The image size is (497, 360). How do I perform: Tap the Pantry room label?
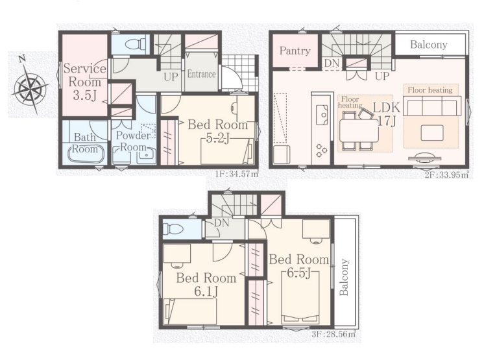point(295,51)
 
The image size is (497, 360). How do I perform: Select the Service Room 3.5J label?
point(84,82)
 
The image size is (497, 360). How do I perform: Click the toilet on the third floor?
point(173,229)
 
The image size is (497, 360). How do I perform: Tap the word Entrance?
point(201,74)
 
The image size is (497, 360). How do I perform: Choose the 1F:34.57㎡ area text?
point(237,174)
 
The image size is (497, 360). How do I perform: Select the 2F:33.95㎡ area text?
point(446,174)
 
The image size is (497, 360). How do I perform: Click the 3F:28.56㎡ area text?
point(333,334)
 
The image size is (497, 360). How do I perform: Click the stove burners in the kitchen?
point(321,150)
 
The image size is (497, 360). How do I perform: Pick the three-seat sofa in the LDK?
point(433,106)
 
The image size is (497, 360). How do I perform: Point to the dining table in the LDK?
point(359,130)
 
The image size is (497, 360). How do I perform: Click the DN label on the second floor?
point(332,64)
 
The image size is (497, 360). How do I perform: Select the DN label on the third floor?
point(221,222)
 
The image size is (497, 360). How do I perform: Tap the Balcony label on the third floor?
point(345,277)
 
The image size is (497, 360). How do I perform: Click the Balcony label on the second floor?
point(428,44)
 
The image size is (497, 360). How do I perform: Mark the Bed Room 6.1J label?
point(206,285)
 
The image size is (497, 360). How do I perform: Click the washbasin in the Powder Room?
point(147,156)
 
